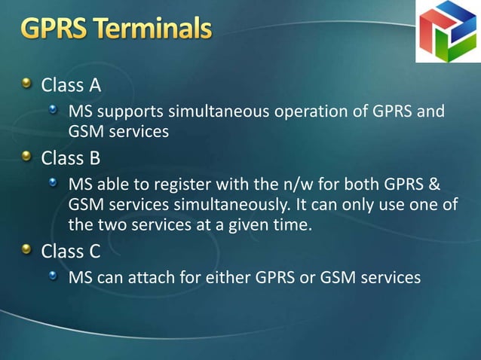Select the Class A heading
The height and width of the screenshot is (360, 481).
(x=71, y=84)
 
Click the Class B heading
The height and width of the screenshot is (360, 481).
(x=71, y=159)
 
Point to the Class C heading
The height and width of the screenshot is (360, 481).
(x=71, y=251)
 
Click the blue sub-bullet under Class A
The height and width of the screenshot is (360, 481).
(x=53, y=111)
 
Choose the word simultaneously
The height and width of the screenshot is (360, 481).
(x=229, y=206)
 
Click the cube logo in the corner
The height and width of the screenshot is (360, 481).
(x=448, y=31)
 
